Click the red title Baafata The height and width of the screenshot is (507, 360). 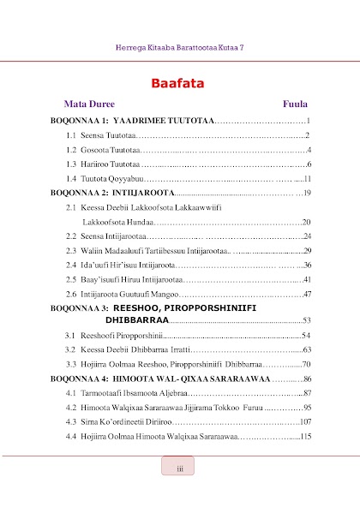coord(180,83)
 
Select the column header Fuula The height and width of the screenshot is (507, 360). coord(296,104)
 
